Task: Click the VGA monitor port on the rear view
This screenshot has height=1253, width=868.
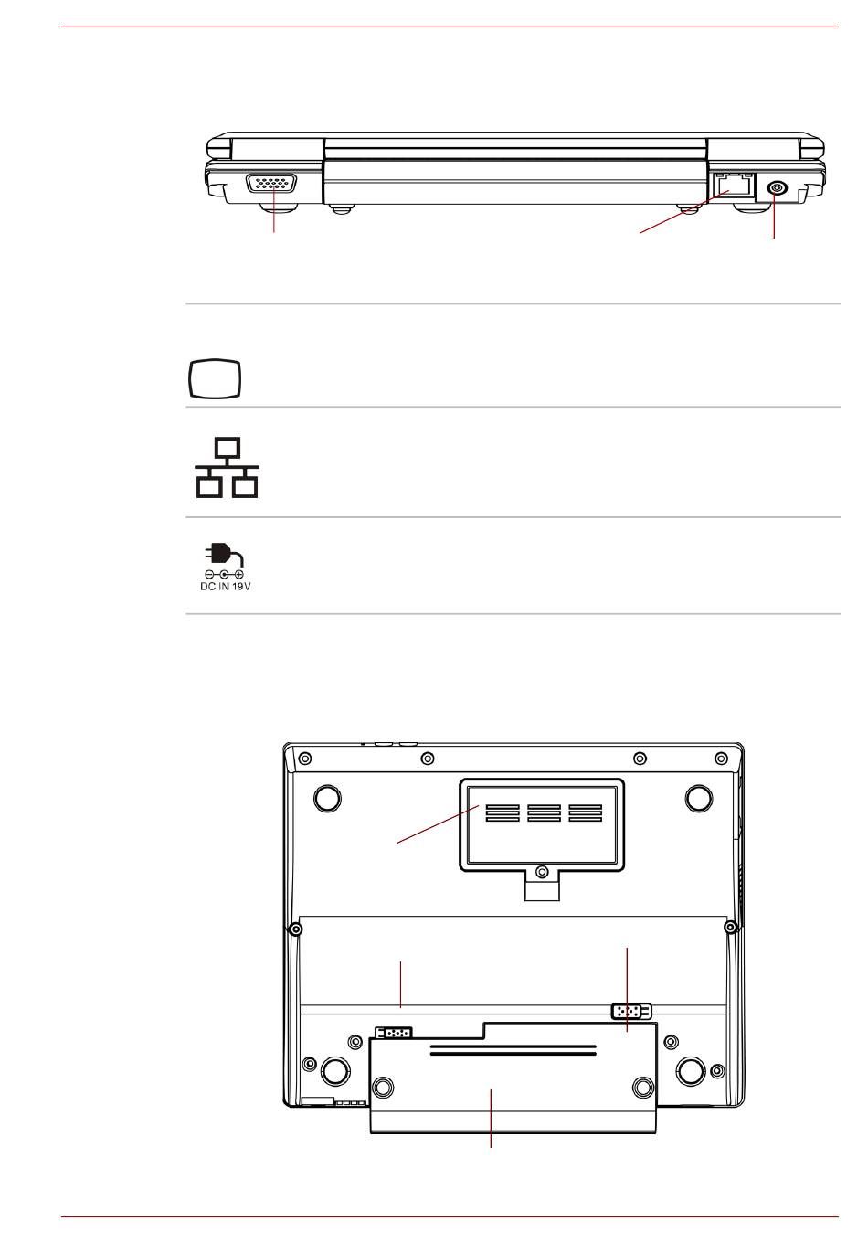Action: point(271,183)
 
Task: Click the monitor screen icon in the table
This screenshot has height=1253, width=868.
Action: point(214,378)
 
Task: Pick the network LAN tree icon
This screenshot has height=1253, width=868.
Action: point(227,468)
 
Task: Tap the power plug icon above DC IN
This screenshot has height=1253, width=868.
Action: point(224,555)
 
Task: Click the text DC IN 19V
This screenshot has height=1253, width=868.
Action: point(226,587)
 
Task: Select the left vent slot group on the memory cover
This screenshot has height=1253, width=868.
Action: point(502,813)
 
